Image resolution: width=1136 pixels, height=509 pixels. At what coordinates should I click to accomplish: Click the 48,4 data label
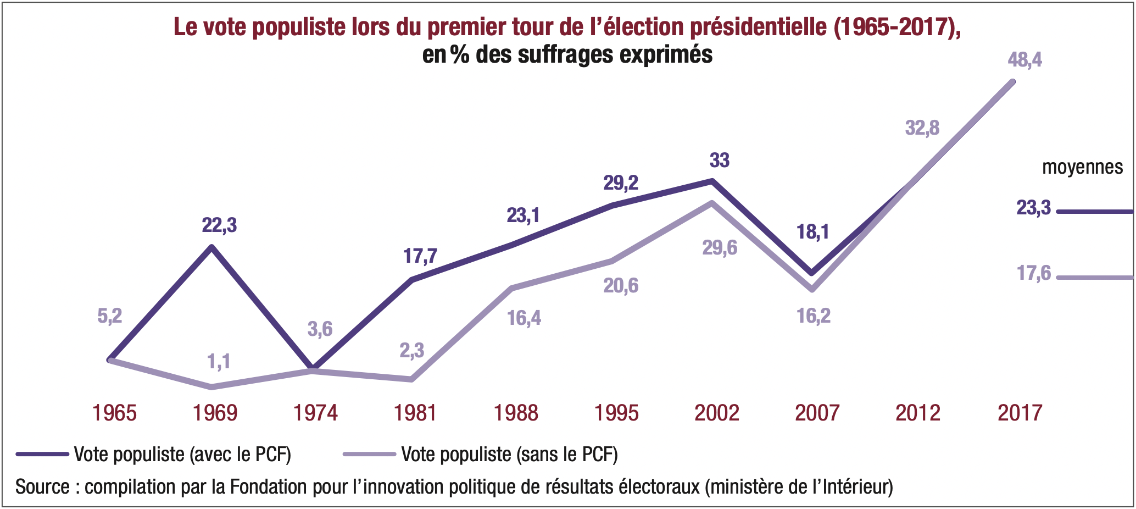(x=1024, y=59)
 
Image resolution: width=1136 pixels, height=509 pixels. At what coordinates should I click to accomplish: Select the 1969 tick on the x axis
(x=215, y=413)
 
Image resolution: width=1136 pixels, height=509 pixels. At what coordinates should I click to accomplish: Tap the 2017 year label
(x=1020, y=413)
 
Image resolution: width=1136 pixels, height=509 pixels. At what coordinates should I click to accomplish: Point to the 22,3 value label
(x=219, y=225)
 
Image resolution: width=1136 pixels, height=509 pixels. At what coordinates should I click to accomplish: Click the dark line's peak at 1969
(x=212, y=247)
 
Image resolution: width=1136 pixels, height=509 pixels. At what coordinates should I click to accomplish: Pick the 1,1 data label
(x=219, y=361)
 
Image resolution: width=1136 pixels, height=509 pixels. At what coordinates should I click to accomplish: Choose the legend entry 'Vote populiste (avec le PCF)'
(x=182, y=455)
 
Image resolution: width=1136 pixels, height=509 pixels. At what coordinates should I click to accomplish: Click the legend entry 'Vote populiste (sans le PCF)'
(x=509, y=455)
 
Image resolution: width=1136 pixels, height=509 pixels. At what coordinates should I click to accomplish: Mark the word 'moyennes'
(x=1082, y=167)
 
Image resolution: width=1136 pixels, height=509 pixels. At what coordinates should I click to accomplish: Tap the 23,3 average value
(x=1033, y=208)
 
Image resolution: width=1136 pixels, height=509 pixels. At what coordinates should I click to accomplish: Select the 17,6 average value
(x=1033, y=273)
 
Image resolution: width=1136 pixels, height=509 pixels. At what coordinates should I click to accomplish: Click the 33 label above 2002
(x=719, y=160)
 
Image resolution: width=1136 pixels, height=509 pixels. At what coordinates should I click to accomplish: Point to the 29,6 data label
(x=720, y=248)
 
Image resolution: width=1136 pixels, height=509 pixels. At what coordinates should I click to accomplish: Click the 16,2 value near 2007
(x=814, y=316)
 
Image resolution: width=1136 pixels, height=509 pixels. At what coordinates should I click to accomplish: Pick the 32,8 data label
(x=922, y=128)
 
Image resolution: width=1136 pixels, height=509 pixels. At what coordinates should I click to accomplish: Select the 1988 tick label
(x=516, y=413)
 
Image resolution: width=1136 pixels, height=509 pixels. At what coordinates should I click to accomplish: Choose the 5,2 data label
(x=110, y=316)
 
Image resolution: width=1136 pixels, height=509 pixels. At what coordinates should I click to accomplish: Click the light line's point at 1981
(x=411, y=379)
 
